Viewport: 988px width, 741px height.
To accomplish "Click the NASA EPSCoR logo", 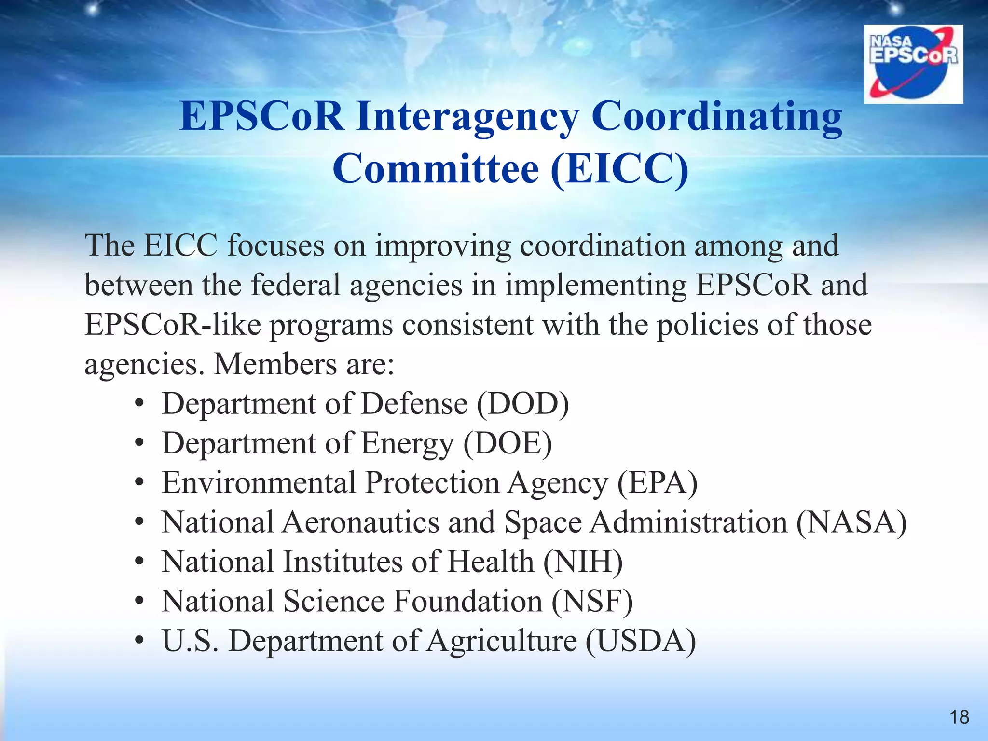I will click(x=913, y=64).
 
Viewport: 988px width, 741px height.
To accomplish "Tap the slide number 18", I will click(x=959, y=717).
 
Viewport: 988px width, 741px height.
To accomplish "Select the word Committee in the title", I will click(x=436, y=169).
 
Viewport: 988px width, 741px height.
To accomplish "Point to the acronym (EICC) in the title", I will click(x=619, y=169).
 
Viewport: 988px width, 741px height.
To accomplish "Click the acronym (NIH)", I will click(x=583, y=562).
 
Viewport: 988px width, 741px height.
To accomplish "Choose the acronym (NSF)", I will click(x=592, y=601).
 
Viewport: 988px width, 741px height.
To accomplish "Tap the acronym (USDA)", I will click(x=641, y=641).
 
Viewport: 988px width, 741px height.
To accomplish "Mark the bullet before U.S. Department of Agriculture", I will click(x=139, y=642).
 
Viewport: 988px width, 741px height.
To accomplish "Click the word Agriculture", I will click(x=502, y=642).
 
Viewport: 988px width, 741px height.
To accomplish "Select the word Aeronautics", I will click(x=360, y=522).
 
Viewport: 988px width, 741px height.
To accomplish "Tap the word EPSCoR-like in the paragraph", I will click(x=173, y=324).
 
